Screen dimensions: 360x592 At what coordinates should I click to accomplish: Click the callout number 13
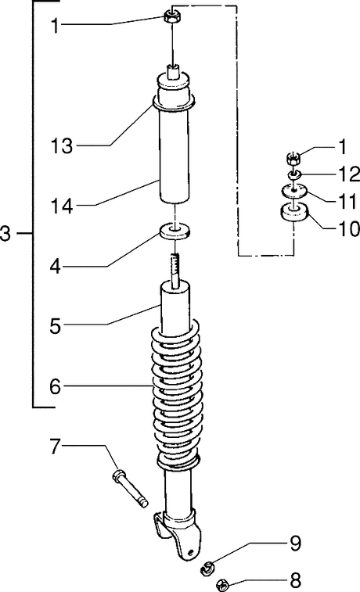(61, 145)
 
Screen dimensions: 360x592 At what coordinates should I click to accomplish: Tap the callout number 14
(62, 206)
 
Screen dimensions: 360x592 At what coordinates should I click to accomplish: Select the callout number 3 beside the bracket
(5, 234)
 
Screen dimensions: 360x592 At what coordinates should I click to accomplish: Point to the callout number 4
(55, 267)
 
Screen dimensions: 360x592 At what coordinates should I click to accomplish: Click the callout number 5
(55, 326)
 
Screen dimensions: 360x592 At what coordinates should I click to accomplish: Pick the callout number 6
(55, 386)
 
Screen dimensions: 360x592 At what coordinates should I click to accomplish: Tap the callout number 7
(55, 447)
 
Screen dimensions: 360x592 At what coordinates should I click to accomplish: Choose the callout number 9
(295, 544)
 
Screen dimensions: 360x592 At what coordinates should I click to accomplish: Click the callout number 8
(295, 579)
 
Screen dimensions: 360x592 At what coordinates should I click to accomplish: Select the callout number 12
(349, 174)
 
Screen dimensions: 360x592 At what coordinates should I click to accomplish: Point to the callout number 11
(347, 202)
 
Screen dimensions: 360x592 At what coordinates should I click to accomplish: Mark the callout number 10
(349, 229)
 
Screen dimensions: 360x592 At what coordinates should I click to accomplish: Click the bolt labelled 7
(130, 490)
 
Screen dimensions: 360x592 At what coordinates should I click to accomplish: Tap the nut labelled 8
(223, 585)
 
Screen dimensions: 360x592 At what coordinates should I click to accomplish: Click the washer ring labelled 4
(175, 232)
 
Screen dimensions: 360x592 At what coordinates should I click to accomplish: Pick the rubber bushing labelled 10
(294, 213)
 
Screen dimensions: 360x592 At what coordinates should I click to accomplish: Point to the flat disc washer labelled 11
(294, 190)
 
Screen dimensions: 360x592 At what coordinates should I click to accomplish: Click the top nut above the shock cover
(171, 16)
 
